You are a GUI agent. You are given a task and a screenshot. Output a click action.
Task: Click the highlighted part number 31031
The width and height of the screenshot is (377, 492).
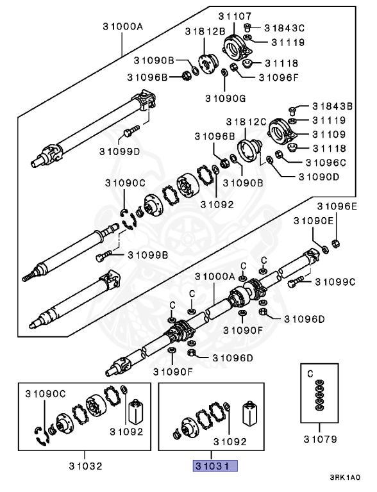click(x=215, y=466)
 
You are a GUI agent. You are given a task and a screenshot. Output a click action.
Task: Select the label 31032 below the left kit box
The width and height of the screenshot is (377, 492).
click(x=85, y=466)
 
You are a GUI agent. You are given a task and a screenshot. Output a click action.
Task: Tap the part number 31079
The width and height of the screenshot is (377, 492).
click(x=320, y=439)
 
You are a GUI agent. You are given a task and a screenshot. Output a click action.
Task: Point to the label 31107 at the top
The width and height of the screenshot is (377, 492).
click(x=235, y=16)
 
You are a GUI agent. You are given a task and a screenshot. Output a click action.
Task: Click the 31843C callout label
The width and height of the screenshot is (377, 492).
click(x=284, y=28)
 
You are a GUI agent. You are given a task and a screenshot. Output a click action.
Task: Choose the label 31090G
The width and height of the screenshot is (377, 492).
click(x=225, y=98)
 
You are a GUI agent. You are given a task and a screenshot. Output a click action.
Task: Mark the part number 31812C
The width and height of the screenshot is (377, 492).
click(x=246, y=122)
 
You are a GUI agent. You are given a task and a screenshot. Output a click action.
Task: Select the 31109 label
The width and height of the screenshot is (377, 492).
click(x=329, y=135)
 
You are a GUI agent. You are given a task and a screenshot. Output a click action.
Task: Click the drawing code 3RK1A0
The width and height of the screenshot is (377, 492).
click(x=345, y=477)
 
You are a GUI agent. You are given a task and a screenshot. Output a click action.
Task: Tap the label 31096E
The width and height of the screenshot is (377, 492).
click(x=337, y=206)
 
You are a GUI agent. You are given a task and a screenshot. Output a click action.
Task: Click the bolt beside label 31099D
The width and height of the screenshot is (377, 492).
click(x=131, y=131)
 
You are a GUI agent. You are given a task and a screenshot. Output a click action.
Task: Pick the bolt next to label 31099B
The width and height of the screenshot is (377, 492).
click(x=104, y=256)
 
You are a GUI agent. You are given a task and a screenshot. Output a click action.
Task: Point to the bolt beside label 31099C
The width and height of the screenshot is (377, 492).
click(x=296, y=281)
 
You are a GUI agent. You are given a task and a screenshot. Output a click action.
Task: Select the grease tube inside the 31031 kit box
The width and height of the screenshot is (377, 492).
click(x=249, y=413)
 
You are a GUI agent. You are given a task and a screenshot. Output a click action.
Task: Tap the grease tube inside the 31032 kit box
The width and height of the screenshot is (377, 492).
click(x=136, y=411)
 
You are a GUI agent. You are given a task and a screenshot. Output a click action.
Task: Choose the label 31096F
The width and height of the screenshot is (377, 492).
click(x=279, y=77)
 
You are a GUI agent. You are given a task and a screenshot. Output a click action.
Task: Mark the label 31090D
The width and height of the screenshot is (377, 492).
click(x=319, y=177)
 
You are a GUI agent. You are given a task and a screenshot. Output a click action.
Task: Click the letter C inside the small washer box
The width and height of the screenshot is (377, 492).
click(x=310, y=373)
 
